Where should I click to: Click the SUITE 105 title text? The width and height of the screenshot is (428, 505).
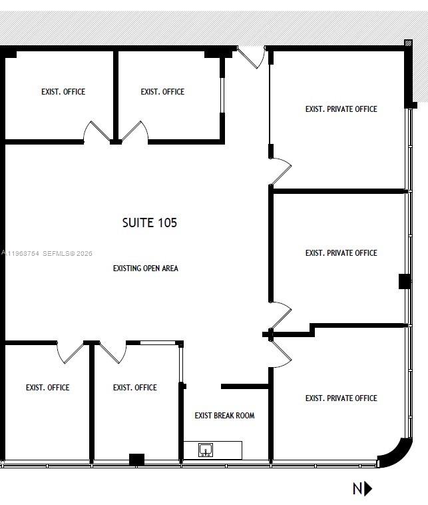[150, 223]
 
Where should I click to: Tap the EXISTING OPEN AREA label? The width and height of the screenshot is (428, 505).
[146, 268]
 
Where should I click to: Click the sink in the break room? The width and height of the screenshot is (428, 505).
[206, 450]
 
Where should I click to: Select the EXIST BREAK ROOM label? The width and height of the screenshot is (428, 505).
[224, 416]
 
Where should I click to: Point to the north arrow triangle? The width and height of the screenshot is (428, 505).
[368, 488]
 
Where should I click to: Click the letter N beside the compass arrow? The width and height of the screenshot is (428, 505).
[358, 488]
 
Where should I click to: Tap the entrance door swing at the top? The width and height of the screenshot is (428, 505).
[252, 58]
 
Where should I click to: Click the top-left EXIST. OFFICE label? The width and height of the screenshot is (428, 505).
[63, 92]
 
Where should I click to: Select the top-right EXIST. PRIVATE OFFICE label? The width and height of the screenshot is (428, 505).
[341, 109]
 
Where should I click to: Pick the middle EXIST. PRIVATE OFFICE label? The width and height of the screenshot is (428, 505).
[341, 252]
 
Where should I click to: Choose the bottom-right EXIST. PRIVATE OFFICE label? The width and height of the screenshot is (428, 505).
[341, 398]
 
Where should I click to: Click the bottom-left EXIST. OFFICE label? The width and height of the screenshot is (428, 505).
[48, 388]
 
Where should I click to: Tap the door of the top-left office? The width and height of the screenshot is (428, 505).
[96, 131]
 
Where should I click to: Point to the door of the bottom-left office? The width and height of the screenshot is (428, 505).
[69, 353]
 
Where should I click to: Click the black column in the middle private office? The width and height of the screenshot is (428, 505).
[405, 282]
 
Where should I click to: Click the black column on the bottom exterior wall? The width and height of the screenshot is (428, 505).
[136, 460]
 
